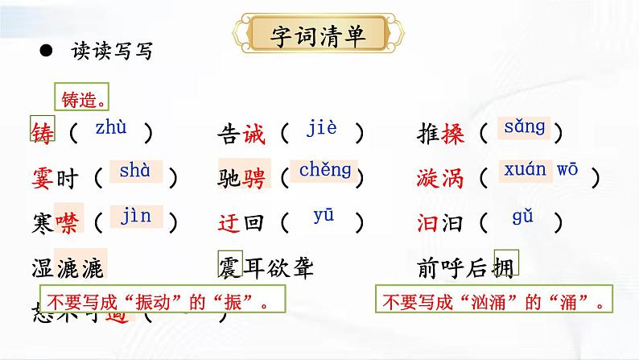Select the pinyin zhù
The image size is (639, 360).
[110, 127]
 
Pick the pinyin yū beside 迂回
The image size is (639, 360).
[323, 216]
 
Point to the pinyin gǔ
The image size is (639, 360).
[522, 216]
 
